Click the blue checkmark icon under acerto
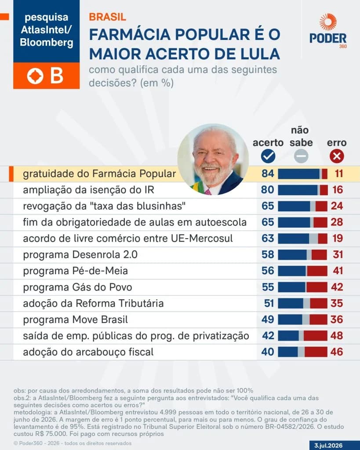click(x=268, y=156)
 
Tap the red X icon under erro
click(x=337, y=156)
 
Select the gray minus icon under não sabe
click(x=301, y=156)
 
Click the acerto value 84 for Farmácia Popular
click(x=268, y=174)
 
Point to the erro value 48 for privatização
click(x=337, y=336)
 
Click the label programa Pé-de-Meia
click(x=75, y=271)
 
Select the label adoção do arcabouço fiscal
click(x=88, y=352)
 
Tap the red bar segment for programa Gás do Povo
click(x=316, y=287)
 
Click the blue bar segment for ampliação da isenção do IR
click(x=298, y=190)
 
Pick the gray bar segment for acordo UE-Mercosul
click(x=313, y=239)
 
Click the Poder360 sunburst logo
click(x=328, y=22)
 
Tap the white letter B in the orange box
click(x=57, y=76)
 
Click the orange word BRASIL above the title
click(x=107, y=17)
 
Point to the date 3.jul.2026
click(x=328, y=446)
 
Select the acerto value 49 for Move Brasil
click(x=268, y=319)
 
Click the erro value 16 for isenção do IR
click(x=338, y=190)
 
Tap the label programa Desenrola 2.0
click(x=80, y=255)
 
